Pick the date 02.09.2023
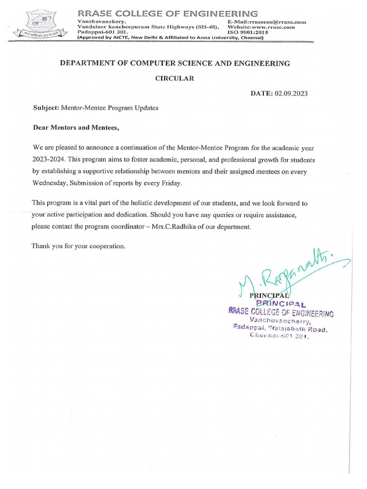click(x=291, y=94)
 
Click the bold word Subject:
click(x=45, y=108)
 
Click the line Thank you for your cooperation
click(x=78, y=246)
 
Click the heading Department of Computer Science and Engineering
click(x=174, y=63)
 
